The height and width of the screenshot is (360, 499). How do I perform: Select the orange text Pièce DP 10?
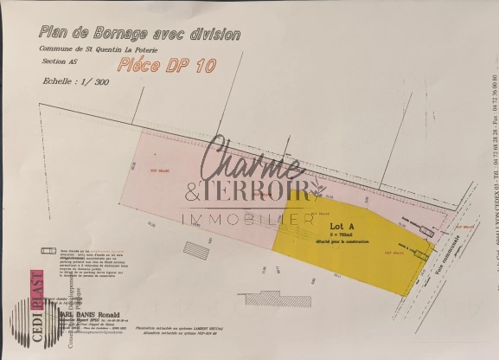click(166, 64)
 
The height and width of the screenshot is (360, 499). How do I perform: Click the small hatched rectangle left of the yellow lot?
click(195, 250)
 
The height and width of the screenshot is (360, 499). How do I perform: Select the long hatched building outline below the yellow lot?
click(276, 299)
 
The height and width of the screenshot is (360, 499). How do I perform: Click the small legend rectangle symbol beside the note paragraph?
click(48, 251)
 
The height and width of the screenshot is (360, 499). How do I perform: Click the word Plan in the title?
click(52, 32)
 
